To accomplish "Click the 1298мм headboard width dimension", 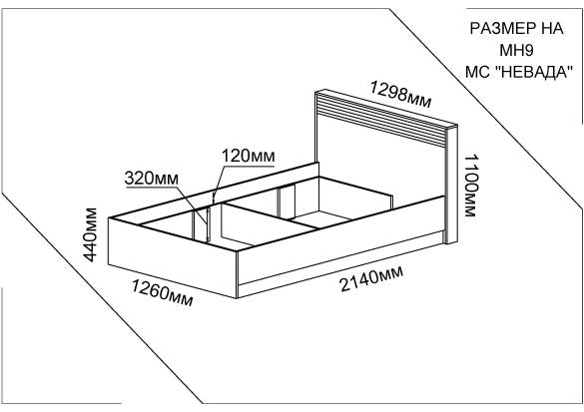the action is click(400, 94).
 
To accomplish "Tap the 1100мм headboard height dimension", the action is click(470, 186).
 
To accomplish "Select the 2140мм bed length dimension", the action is click(371, 278).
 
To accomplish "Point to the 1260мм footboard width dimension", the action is click(163, 293).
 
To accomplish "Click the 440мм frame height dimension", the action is click(90, 234).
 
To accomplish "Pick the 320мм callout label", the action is click(151, 179).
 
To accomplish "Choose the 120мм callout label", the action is click(249, 156).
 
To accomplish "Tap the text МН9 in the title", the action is click(516, 50).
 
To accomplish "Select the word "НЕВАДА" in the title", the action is click(534, 71).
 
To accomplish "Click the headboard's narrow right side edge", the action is click(452, 186).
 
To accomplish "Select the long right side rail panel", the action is click(340, 239).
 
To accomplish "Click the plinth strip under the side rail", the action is click(340, 264).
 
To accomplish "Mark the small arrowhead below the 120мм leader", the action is click(214, 199).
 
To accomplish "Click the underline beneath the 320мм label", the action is click(152, 187).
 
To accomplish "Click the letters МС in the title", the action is click(477, 71).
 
